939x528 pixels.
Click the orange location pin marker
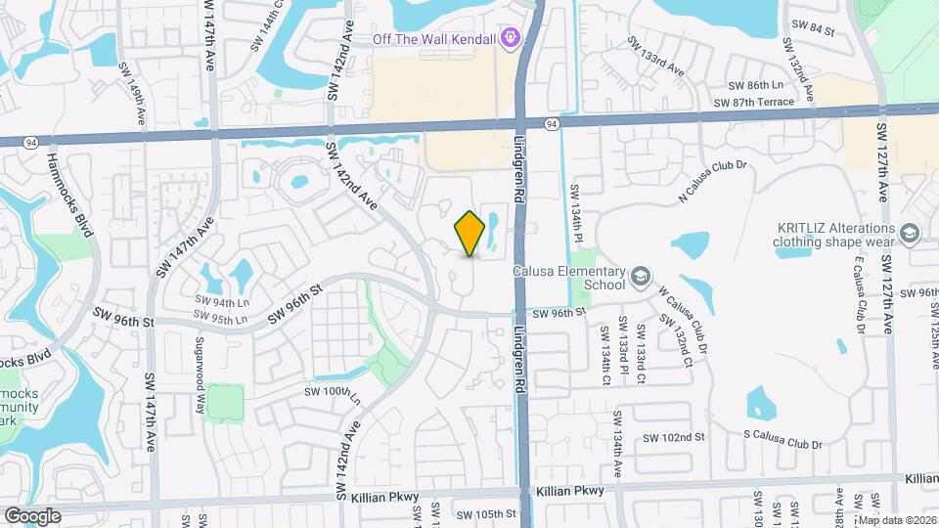coord(470,233)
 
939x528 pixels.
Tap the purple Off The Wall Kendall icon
coord(509,39)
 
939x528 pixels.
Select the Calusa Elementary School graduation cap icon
coord(640,277)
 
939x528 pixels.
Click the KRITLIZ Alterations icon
coord(911,233)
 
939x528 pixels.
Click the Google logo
coord(32,515)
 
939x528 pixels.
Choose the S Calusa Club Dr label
coord(782,438)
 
